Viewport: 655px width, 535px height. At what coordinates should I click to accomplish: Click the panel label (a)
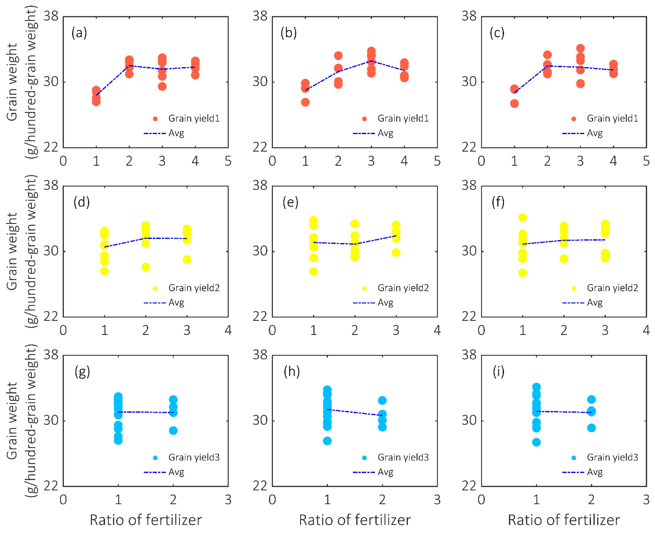(x=79, y=33)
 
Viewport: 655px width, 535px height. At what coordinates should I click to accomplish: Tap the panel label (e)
(x=290, y=202)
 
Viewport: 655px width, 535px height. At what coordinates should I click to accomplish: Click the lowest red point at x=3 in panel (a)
(x=162, y=87)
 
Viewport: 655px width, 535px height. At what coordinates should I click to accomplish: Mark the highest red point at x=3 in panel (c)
(x=580, y=48)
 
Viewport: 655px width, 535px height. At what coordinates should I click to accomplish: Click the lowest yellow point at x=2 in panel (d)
(x=146, y=267)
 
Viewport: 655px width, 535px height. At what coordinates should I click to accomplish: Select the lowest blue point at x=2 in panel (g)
(x=173, y=431)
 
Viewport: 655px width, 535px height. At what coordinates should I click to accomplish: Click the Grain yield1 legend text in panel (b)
(x=403, y=119)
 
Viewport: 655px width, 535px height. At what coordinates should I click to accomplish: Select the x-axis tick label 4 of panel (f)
(x=646, y=330)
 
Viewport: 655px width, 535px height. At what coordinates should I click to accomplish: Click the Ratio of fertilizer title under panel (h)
(x=355, y=520)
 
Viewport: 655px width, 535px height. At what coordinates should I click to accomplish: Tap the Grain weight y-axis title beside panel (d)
(x=12, y=251)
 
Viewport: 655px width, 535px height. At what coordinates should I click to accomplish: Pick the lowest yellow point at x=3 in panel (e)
(x=396, y=253)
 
